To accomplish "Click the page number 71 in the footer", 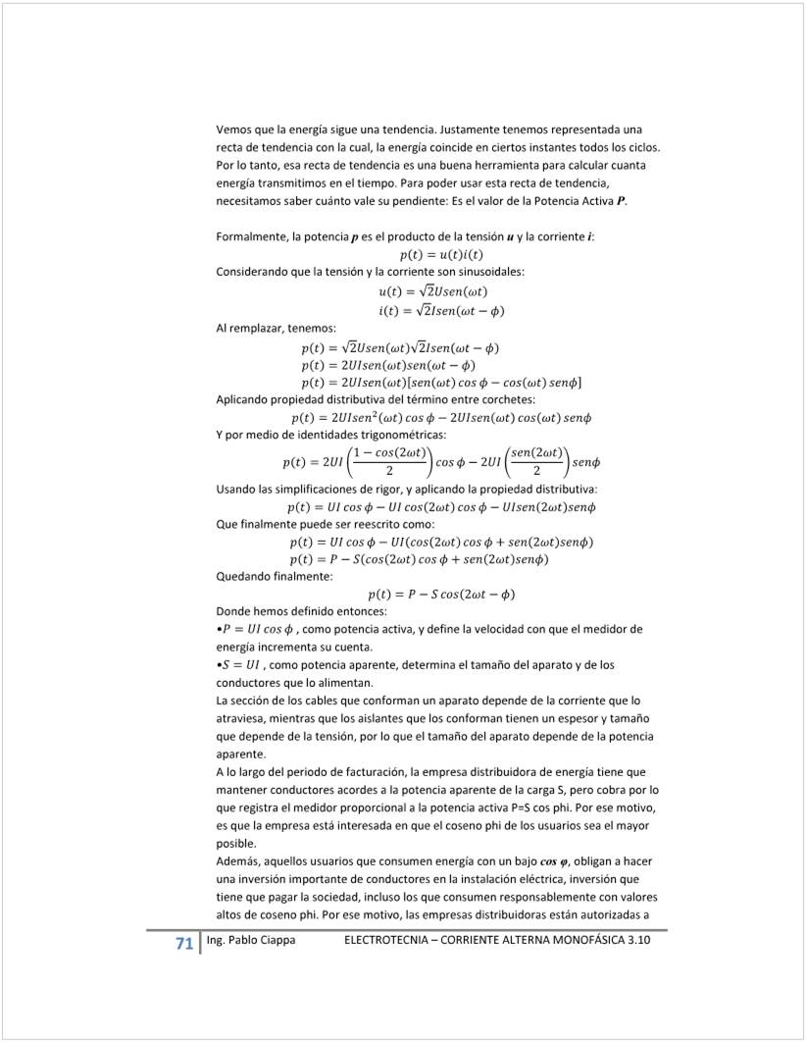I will pos(183,944).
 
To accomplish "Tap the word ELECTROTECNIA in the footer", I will pos(389,940).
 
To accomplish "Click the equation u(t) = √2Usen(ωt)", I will pos(432,291).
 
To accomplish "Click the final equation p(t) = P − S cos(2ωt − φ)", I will pos(441,594).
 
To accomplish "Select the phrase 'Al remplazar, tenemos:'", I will pos(276,328).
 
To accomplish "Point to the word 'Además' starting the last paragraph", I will pos(238,860).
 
